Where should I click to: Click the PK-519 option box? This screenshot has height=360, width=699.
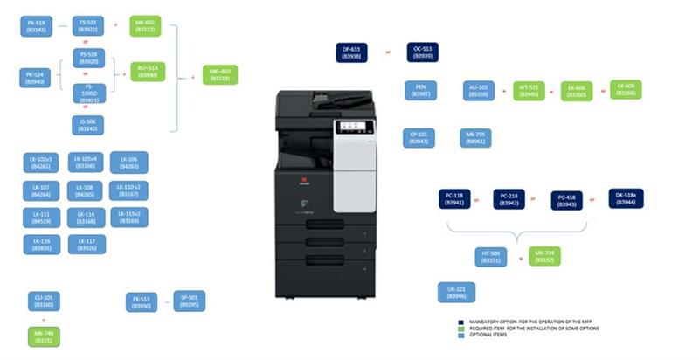coord(37,26)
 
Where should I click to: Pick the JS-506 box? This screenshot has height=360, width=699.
coord(87,124)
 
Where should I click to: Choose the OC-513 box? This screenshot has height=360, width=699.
coord(424,52)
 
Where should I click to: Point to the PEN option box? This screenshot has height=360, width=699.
coord(419,90)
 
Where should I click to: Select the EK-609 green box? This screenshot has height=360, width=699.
coord(626,90)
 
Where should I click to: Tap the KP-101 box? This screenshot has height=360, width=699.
coord(419,137)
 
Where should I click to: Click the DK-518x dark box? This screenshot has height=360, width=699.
coord(626,198)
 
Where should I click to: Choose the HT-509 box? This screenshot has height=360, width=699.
coord(492,256)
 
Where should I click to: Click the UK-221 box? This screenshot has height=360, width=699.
coord(455,293)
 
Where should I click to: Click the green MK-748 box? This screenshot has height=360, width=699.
coord(42,336)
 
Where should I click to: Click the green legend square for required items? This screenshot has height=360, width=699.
coord(460,329)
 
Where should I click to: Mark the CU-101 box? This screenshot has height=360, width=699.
coord(42,301)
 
